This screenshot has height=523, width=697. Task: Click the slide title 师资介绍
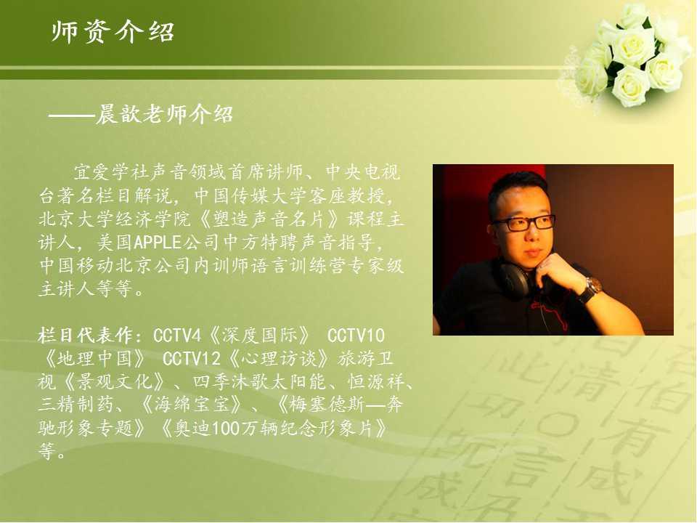point(113,32)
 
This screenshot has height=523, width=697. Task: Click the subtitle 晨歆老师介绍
point(164,115)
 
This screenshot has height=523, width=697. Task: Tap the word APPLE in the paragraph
point(158,243)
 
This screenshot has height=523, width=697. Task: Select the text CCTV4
point(177,336)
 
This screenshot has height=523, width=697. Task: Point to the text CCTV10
point(356,336)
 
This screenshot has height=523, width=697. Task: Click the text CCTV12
point(192,358)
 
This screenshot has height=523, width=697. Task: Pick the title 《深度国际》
point(260,336)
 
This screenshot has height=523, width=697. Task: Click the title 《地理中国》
point(94,358)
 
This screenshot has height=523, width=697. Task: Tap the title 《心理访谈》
point(279,358)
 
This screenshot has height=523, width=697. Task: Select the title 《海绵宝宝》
point(192,405)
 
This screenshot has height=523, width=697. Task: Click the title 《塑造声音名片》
point(269,219)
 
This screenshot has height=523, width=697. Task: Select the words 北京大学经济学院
point(114,219)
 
